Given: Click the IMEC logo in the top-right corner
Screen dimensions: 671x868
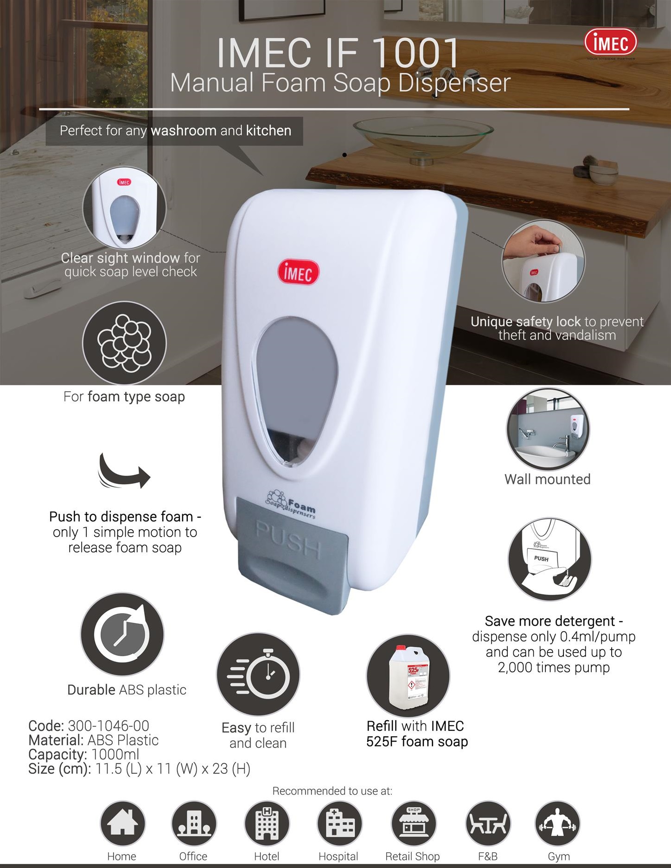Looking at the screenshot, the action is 610,43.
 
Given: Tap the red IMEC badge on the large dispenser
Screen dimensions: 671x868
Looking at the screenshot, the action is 298,272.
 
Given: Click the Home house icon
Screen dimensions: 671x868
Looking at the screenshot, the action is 122,823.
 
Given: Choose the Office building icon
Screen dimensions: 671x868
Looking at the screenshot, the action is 193,823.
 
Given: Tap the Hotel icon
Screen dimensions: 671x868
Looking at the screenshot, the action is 267,823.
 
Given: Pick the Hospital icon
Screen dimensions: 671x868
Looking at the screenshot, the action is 339,823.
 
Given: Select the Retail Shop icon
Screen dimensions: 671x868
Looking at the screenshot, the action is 413,823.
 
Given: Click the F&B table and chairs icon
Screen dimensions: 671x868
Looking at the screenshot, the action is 487,823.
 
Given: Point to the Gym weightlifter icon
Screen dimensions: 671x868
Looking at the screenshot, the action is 557,823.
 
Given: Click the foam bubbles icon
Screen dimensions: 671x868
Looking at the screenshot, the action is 124,343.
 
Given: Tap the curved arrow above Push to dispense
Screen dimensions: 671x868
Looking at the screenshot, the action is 123,472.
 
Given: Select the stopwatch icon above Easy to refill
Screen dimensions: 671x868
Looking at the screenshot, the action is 258,674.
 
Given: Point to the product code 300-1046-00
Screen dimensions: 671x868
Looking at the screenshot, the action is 109,726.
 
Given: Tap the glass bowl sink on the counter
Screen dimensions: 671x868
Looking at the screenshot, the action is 423,139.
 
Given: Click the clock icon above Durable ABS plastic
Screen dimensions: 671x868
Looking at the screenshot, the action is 122,634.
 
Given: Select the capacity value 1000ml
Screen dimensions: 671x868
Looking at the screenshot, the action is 115,754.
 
